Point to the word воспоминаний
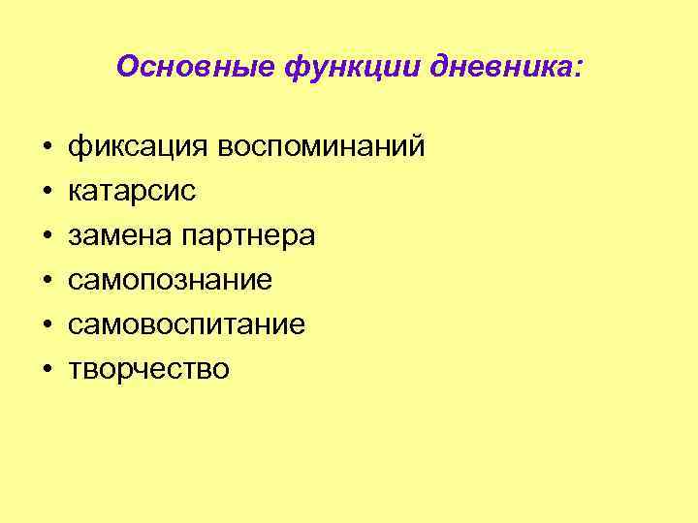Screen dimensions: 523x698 (321, 147)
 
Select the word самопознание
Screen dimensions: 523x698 (171, 281)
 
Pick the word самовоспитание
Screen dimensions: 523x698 (187, 325)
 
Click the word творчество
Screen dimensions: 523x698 (149, 370)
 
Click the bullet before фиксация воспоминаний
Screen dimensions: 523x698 (47, 148)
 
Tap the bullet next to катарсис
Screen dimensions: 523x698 (47, 193)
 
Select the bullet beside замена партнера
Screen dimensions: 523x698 (47, 237)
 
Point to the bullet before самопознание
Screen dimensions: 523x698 (47, 282)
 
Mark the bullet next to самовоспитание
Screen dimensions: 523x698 (47, 326)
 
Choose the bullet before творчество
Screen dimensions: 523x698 (47, 371)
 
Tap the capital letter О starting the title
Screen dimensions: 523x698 (126, 67)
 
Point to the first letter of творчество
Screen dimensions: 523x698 (75, 371)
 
